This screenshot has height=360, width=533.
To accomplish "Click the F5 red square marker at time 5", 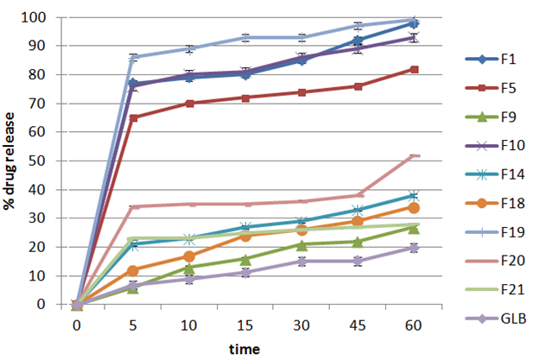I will click(x=133, y=117).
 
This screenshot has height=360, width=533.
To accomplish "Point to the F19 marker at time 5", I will click(x=133, y=58).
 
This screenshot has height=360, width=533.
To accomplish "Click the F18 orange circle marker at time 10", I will click(x=189, y=256).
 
